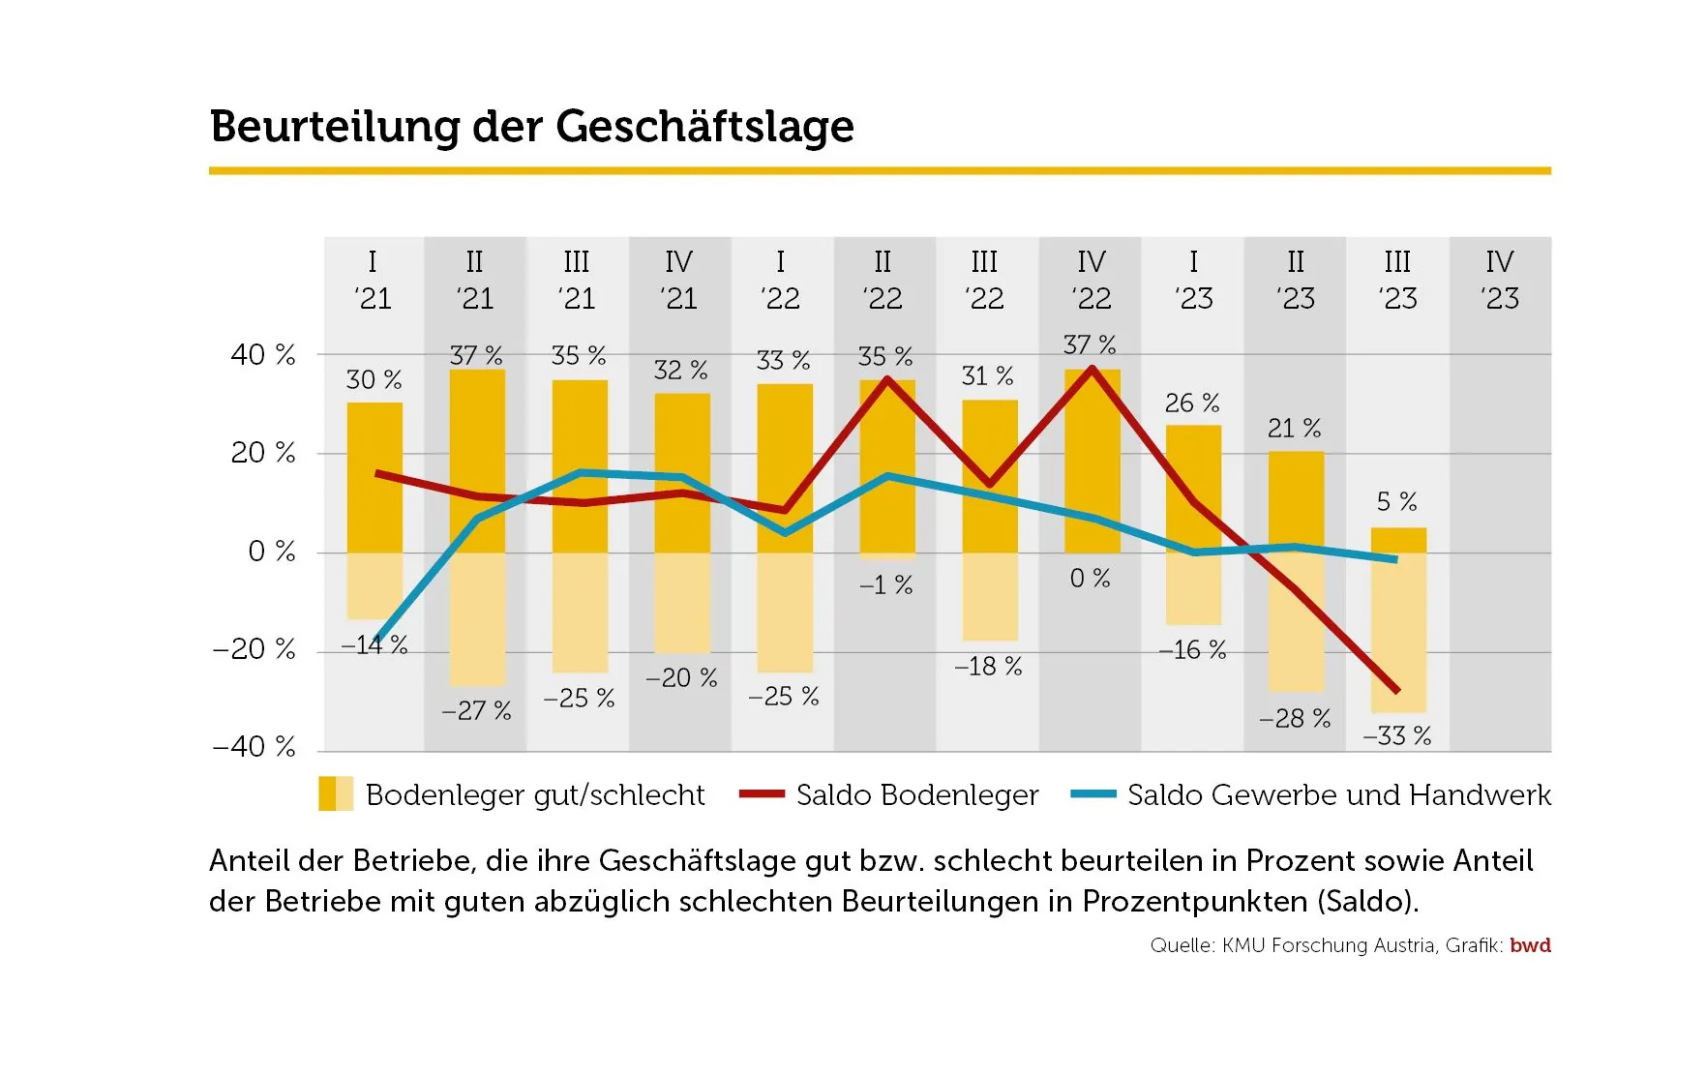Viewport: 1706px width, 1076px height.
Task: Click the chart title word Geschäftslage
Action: pos(704,127)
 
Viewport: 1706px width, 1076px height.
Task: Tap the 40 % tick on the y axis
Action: pos(262,355)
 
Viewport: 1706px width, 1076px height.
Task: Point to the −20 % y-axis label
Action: pos(254,649)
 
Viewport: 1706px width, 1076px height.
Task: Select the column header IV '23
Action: pos(1499,280)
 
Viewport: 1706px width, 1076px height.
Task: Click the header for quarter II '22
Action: pos(883,280)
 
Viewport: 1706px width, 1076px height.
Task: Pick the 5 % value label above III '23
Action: pos(1396,502)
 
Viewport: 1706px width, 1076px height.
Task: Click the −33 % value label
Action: pos(1396,736)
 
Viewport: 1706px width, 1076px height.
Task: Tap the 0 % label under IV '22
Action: pos(1090,579)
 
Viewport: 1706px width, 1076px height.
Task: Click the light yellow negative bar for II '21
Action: pos(477,619)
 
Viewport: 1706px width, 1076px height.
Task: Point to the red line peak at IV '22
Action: pos(1092,369)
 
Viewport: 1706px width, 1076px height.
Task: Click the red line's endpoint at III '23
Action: pos(1396,691)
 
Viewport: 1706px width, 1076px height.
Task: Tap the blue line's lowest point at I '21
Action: pos(376,643)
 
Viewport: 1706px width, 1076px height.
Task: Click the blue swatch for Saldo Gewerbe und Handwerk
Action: pos(1093,794)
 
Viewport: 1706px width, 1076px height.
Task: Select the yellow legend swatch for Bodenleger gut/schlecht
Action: pos(336,794)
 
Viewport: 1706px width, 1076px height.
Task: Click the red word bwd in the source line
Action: pos(1530,945)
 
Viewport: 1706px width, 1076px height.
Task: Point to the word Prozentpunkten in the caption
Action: pos(1195,902)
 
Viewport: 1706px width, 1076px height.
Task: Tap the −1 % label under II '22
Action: pos(885,585)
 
